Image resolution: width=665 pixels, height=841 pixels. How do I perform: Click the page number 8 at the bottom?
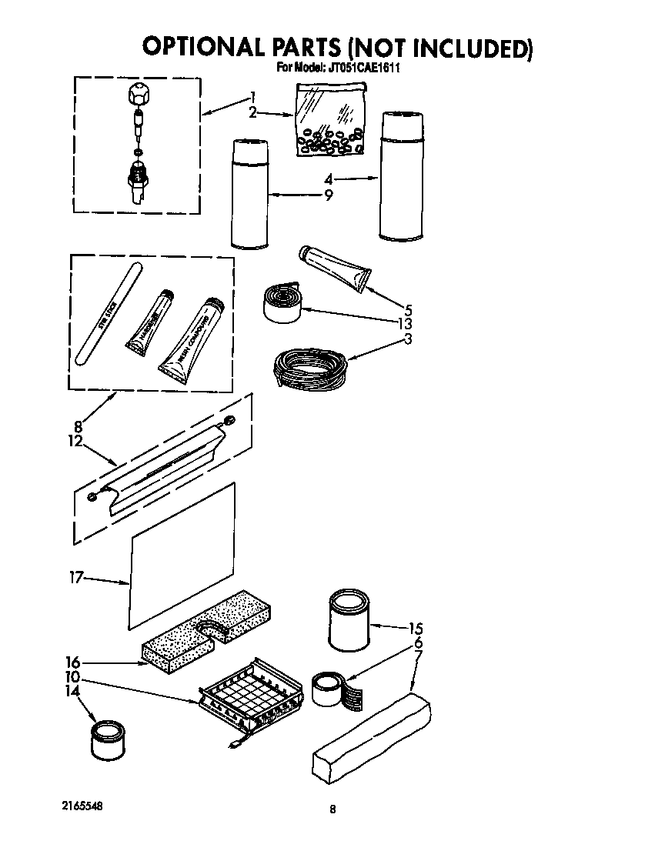332,809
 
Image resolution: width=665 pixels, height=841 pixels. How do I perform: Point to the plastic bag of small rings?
329,121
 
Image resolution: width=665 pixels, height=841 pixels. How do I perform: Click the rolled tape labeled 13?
282,302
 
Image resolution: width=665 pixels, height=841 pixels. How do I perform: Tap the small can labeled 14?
107,739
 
